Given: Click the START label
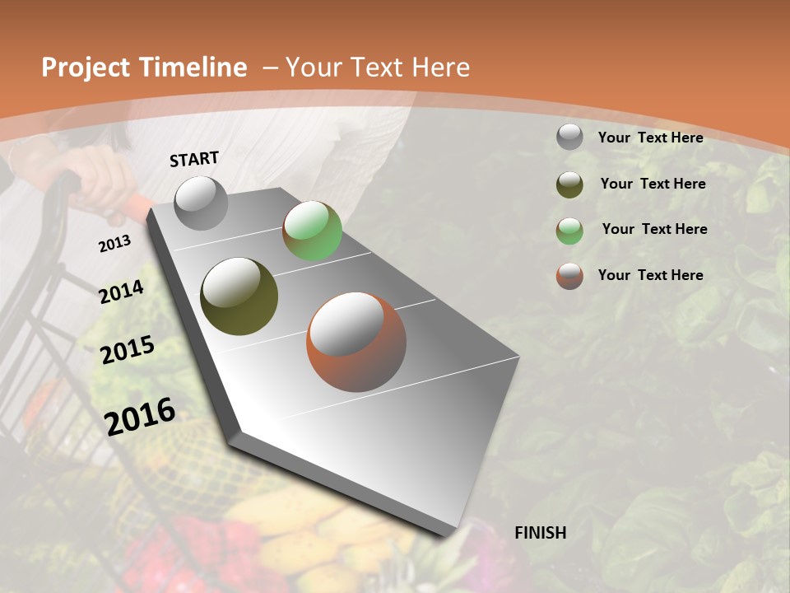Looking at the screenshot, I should click(194, 159).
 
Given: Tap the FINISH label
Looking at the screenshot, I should click(540, 533).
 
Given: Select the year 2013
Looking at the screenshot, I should click(114, 244).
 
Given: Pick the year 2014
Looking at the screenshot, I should click(121, 292).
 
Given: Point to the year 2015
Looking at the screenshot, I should click(128, 350).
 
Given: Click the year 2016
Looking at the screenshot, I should click(140, 417).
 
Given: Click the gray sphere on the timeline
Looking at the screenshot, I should click(202, 203).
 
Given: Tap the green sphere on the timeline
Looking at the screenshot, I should click(312, 231).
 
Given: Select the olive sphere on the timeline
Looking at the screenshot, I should click(239, 296).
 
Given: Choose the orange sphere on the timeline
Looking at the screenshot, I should click(356, 342).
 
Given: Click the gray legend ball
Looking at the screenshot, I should click(569, 137).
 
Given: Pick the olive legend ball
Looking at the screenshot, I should click(569, 184).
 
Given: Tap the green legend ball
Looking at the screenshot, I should click(569, 231).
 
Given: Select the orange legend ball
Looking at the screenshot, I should click(569, 276).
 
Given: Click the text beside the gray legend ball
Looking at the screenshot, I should click(650, 138).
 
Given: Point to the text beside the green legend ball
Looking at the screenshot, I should click(654, 229).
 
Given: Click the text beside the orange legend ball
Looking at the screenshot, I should click(650, 275).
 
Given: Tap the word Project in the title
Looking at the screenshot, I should click(84, 68).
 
